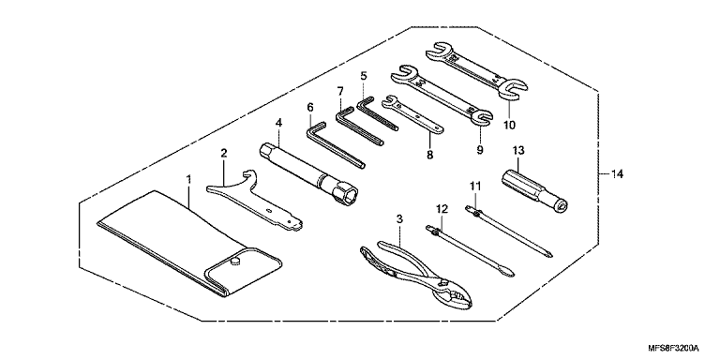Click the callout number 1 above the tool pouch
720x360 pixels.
[x=188, y=179]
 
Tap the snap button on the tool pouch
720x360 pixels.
[x=235, y=262]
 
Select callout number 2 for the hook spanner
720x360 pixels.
[x=224, y=154]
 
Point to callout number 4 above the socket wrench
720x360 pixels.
[x=278, y=123]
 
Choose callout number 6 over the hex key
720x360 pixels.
[x=310, y=108]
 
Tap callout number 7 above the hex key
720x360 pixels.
[x=340, y=91]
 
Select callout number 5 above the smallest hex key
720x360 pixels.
[x=364, y=75]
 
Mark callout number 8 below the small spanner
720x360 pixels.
[x=429, y=155]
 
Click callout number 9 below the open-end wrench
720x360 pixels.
[x=480, y=150]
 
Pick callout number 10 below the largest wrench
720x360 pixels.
[x=509, y=125]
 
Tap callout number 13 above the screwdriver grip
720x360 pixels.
[x=518, y=150]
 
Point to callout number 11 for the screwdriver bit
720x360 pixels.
[x=474, y=186]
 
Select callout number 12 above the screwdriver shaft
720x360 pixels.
[x=442, y=209]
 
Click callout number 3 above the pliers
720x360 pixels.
[x=399, y=219]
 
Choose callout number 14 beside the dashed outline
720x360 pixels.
[x=617, y=174]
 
